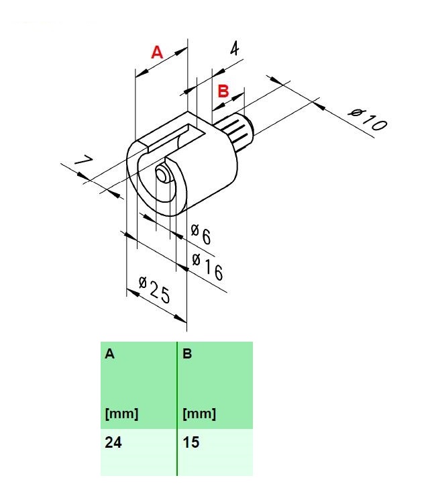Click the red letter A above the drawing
[x=157, y=52]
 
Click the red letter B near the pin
[x=223, y=91]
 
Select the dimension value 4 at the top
[x=235, y=48]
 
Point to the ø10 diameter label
[x=368, y=119]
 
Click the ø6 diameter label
[x=201, y=234]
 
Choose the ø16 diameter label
[x=207, y=266]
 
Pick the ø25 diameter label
[x=154, y=290]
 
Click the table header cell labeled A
[x=138, y=385]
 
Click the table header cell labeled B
[x=215, y=385]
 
